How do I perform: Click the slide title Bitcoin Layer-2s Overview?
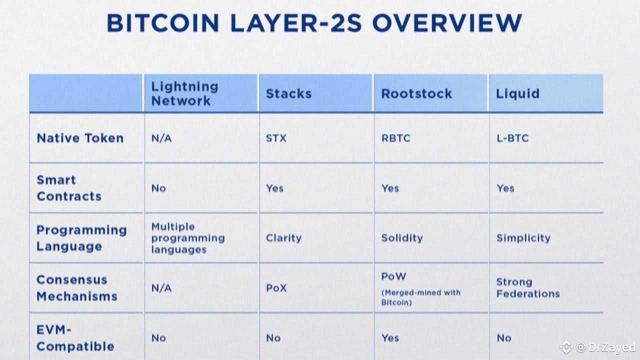coord(314,23)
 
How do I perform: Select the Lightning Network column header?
coord(184,93)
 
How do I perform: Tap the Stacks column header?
coord(288,93)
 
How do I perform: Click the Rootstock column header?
coord(416,93)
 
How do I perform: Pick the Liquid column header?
coord(517,93)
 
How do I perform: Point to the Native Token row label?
coord(80,138)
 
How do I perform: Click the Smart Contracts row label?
coord(69,188)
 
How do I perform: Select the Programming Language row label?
coord(81,238)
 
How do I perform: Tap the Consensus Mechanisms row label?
coord(77,288)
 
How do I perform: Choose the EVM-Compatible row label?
coord(75,338)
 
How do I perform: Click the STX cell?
coord(276,138)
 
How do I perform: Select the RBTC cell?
coord(395,138)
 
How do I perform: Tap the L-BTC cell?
coord(512,138)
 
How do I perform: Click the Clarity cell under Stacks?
coord(283,238)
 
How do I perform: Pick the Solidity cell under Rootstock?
coord(402,238)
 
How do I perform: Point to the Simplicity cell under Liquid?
coord(523,238)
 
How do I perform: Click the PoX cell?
coord(276,288)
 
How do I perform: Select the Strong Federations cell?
coord(527,288)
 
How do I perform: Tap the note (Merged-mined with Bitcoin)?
coord(420,297)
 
